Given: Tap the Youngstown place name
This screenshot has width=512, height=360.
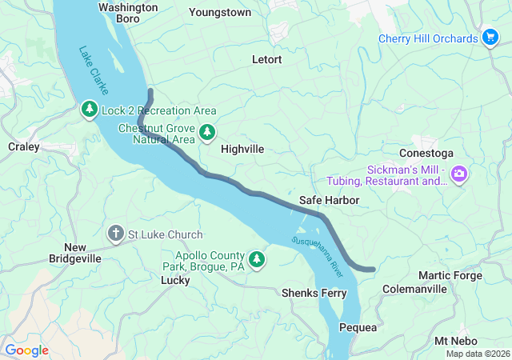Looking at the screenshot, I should [220, 13].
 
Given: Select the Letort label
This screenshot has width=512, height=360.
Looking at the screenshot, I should [266, 59].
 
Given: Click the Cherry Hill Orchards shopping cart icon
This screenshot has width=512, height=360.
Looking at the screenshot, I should [491, 38].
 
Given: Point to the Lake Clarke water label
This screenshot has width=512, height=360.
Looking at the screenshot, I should [94, 71].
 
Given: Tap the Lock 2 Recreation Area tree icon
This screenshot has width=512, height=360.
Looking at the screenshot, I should [90, 110].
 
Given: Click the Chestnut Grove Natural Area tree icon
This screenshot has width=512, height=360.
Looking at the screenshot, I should [208, 132].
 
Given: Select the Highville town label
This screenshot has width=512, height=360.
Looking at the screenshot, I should [242, 149].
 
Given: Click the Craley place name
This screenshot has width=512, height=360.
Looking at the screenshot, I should [23, 146].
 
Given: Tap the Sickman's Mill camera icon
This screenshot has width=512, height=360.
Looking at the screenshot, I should [459, 174].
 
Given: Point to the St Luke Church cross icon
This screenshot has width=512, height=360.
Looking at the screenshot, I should [116, 234].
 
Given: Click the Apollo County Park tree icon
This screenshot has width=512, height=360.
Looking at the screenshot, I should [257, 258].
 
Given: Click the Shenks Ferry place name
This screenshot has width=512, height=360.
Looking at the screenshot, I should [314, 294].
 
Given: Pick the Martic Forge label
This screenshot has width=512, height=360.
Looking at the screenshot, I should [450, 275].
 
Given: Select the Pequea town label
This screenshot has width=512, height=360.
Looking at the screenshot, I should [358, 328].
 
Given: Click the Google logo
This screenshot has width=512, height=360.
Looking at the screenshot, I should [26, 350].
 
